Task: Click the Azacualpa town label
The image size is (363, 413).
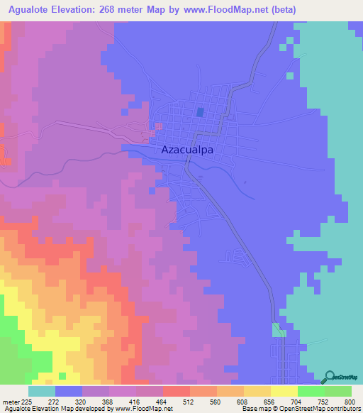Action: click(x=188, y=150)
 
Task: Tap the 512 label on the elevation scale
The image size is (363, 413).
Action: click(x=190, y=401)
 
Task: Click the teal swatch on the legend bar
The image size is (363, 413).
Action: click(x=42, y=391)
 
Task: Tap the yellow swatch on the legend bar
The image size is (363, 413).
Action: click(x=284, y=391)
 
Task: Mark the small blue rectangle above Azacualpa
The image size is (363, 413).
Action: click(x=200, y=112)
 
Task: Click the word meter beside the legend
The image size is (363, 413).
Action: click(x=11, y=401)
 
